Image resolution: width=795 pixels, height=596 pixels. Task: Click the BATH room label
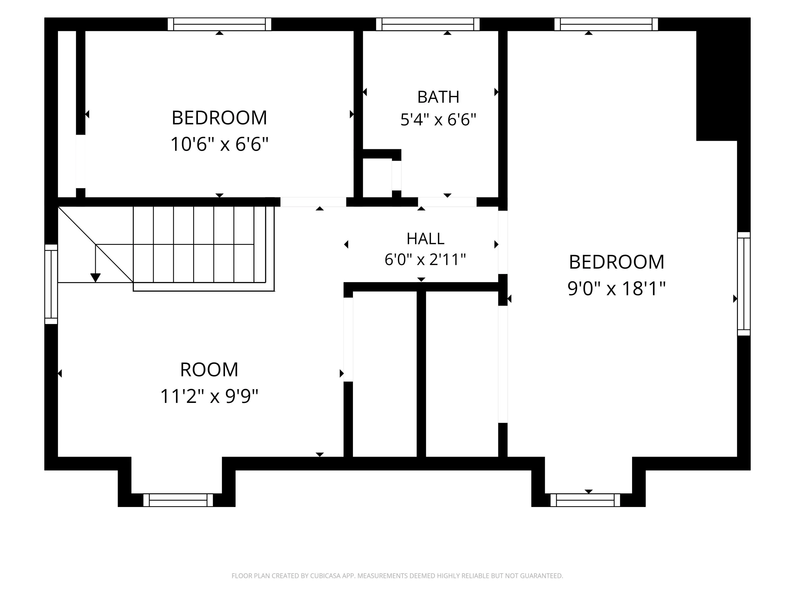pos(438,97)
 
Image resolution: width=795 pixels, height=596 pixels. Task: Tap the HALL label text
pos(425,239)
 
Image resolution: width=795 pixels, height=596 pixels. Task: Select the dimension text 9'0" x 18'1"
pos(616,288)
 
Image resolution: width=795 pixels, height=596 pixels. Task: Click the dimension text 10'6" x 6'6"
pos(219,144)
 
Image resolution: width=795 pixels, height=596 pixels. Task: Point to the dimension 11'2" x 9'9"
pos(209,397)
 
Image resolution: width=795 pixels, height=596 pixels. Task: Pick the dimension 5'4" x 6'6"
pos(438,120)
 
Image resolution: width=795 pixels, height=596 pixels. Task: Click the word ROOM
pos(209,370)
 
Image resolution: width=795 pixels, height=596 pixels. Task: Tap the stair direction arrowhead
pos(95,278)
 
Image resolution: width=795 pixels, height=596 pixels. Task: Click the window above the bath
pos(428,24)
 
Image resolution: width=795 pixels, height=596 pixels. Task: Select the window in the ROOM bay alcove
pos(178,500)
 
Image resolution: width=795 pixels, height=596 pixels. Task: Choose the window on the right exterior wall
pos(744,284)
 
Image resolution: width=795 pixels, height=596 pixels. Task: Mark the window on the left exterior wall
pos(51,284)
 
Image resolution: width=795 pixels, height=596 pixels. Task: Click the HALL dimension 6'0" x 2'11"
pos(425,259)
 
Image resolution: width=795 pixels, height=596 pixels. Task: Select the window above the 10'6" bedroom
pos(219,24)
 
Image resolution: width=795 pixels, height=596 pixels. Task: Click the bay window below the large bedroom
pos(585,500)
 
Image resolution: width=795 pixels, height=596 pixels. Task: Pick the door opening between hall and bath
pos(447,202)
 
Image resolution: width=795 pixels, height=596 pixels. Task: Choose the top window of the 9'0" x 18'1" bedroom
pos(606,24)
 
